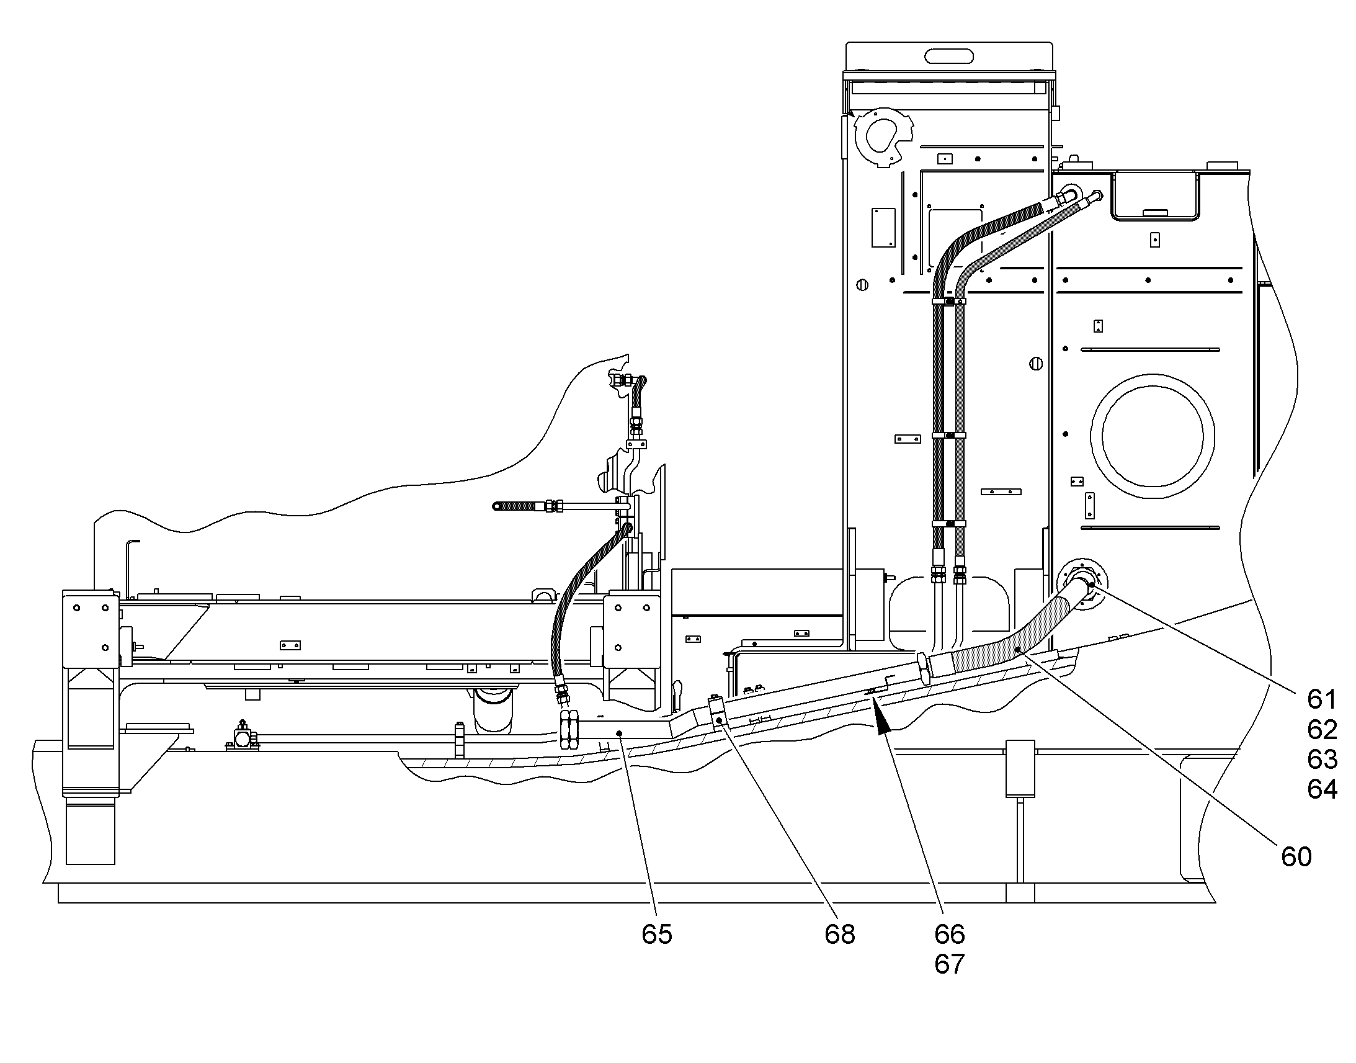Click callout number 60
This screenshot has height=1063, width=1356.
tap(1296, 857)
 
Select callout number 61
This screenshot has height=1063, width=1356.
tap(1322, 700)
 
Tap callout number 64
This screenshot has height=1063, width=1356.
tap(1322, 790)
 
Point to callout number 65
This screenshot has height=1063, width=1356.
tap(657, 935)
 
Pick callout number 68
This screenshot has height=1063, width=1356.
tap(840, 935)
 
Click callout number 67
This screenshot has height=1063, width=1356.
tap(949, 965)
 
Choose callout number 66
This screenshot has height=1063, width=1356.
tap(949, 935)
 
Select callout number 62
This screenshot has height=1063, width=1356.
tap(1322, 730)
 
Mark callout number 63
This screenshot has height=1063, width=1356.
tap(1322, 760)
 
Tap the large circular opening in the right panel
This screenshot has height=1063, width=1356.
tap(1152, 436)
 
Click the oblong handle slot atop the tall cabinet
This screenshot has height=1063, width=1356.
tap(948, 56)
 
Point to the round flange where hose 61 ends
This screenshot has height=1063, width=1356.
tap(1082, 585)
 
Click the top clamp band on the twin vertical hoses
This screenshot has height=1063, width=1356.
tap(948, 301)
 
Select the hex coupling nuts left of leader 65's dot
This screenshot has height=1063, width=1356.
tap(569, 730)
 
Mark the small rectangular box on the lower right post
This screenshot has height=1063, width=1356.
tap(1020, 769)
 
